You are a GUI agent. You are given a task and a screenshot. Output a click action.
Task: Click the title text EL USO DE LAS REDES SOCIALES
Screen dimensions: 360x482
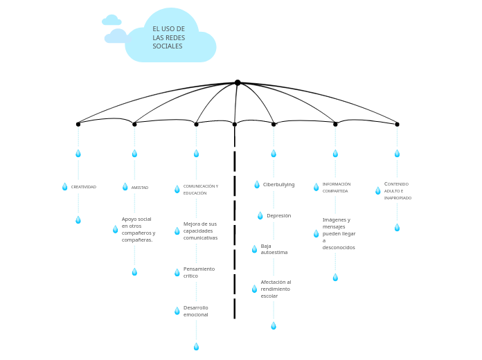168,38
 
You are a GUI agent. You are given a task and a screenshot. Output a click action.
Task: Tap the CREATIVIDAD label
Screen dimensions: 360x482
84,187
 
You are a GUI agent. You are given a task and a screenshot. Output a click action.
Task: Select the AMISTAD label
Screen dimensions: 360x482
140,188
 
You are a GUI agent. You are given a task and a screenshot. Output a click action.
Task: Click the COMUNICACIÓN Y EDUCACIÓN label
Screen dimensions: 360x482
200,190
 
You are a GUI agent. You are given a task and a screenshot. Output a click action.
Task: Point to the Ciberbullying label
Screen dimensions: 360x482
278,185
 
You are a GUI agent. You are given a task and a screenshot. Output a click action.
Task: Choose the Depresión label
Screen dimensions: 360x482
278,216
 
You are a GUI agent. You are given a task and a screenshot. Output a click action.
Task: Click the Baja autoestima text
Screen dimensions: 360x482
274,249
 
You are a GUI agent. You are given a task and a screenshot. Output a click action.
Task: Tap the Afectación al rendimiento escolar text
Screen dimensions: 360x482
276,289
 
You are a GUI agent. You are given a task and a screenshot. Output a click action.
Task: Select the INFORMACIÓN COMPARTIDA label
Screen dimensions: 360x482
337,188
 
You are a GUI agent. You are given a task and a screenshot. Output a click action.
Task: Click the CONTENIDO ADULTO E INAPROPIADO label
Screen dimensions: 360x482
398,191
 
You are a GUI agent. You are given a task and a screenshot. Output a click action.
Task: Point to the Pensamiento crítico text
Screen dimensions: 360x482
199,273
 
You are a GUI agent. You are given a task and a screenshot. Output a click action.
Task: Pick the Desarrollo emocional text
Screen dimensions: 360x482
195,312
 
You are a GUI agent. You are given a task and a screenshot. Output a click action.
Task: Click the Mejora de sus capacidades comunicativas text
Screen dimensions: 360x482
200,231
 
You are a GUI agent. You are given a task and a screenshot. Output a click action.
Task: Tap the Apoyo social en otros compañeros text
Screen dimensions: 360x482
139,229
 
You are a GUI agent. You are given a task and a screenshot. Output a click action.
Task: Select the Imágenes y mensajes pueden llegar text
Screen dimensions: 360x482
339,234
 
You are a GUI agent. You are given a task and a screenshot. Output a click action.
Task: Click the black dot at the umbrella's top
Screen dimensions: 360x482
238,82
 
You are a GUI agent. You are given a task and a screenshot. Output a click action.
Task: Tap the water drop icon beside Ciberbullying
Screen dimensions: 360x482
257,185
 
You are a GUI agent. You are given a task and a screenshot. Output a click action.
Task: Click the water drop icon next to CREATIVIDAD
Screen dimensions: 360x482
65,187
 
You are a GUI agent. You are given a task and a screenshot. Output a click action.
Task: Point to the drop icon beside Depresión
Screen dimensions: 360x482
260,216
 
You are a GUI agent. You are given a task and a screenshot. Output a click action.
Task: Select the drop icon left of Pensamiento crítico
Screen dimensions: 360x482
177,273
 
